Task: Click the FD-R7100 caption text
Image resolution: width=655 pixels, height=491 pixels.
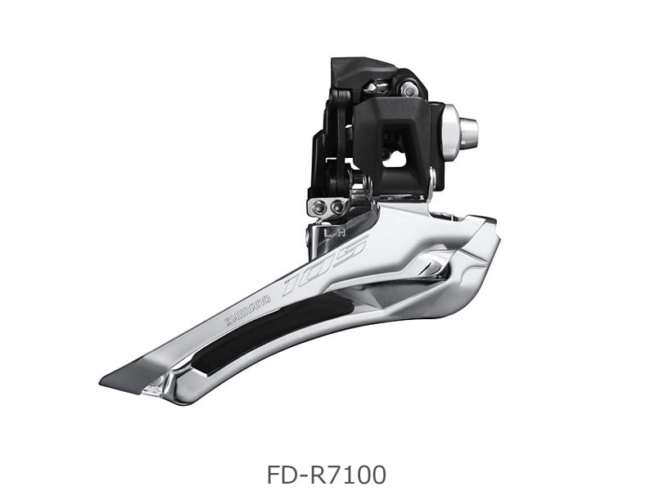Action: click(x=326, y=474)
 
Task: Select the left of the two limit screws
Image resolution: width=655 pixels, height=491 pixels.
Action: click(x=319, y=207)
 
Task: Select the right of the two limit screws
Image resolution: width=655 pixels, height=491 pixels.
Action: click(x=337, y=207)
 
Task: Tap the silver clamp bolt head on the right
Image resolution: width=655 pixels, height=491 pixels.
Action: click(x=468, y=132)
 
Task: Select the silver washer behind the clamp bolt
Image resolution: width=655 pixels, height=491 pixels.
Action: click(x=449, y=128)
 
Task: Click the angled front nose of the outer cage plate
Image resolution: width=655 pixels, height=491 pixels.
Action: click(x=483, y=245)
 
